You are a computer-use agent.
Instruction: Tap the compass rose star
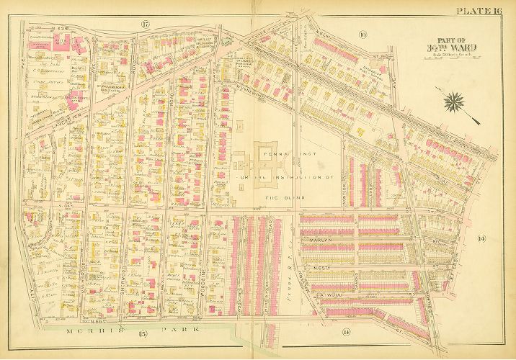coord(453,102)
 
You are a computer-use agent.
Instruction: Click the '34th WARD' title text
coord(453,48)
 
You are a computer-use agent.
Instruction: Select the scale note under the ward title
coord(452,56)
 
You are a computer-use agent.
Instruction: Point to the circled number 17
coord(145,25)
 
